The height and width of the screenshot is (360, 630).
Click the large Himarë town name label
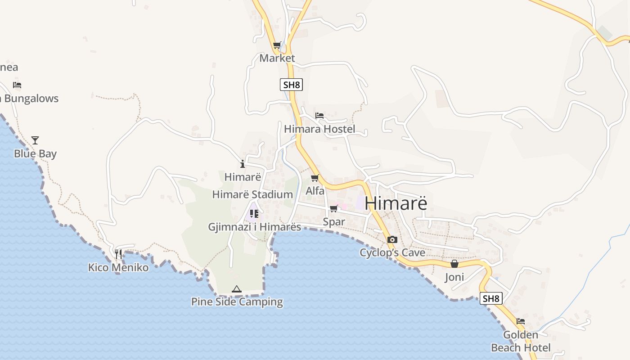coord(396,203)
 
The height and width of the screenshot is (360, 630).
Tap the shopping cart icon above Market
coord(277,45)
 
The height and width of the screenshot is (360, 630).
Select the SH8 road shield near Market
coord(291,85)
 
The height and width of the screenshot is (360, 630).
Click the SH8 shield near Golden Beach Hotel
coord(491,298)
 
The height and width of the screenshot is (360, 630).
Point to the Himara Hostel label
coord(319,129)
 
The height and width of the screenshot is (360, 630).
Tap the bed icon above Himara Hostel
coord(319,116)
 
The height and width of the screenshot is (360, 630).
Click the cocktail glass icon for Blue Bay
coord(35,140)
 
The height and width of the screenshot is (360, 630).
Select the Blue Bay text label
coord(35,154)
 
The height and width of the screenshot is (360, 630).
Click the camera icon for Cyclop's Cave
coord(392,239)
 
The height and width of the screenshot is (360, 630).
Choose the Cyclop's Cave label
coord(392,253)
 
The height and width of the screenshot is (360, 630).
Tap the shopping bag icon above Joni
coord(454,264)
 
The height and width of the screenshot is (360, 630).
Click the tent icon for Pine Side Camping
coord(237,289)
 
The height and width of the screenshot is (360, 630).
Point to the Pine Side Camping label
coord(237,302)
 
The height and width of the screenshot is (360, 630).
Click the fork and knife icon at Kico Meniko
coord(118,254)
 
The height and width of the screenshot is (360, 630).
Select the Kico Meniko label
coord(118,268)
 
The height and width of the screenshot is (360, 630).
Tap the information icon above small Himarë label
coord(243,164)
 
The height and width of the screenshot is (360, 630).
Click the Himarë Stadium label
coord(252,195)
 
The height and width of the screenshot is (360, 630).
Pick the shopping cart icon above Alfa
coord(315,178)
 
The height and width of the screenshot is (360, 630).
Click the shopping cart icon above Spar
coord(334,208)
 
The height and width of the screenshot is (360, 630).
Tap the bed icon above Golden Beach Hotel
coord(521,321)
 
